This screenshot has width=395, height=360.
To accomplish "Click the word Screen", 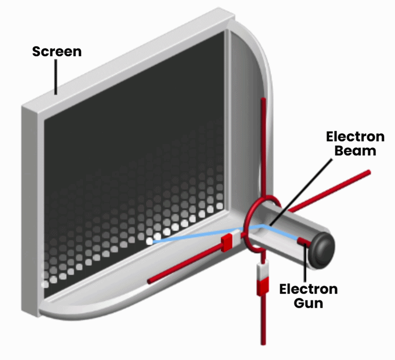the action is (56, 51).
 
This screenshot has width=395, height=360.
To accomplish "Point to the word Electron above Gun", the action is (309, 288).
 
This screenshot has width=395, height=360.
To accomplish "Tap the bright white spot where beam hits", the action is (149, 241).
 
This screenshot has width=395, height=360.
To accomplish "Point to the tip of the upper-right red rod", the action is (367, 173).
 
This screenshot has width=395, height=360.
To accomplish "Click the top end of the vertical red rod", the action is (264, 100).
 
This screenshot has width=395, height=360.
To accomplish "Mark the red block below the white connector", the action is (262, 287).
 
